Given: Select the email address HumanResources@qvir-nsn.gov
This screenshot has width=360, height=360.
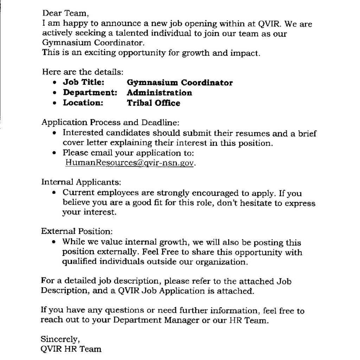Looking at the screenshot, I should click(x=129, y=163).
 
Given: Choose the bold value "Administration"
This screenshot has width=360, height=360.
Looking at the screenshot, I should click(x=159, y=93).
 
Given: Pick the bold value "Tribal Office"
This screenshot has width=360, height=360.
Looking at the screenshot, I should click(x=153, y=103).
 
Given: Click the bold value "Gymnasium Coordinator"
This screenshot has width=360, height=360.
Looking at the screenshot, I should click(x=180, y=83).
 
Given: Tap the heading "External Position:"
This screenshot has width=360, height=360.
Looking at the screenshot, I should click(x=77, y=232).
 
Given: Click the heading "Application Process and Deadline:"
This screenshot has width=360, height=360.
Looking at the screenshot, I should click(x=111, y=123).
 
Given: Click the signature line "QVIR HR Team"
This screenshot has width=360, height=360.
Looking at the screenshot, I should click(x=71, y=349).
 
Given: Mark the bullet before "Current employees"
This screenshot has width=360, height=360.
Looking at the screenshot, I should click(x=54, y=193).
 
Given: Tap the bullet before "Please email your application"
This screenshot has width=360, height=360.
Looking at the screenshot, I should click(x=54, y=154).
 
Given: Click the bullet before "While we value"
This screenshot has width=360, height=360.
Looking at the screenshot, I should click(x=54, y=243).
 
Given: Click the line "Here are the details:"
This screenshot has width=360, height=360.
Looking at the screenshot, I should click(x=83, y=72).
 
